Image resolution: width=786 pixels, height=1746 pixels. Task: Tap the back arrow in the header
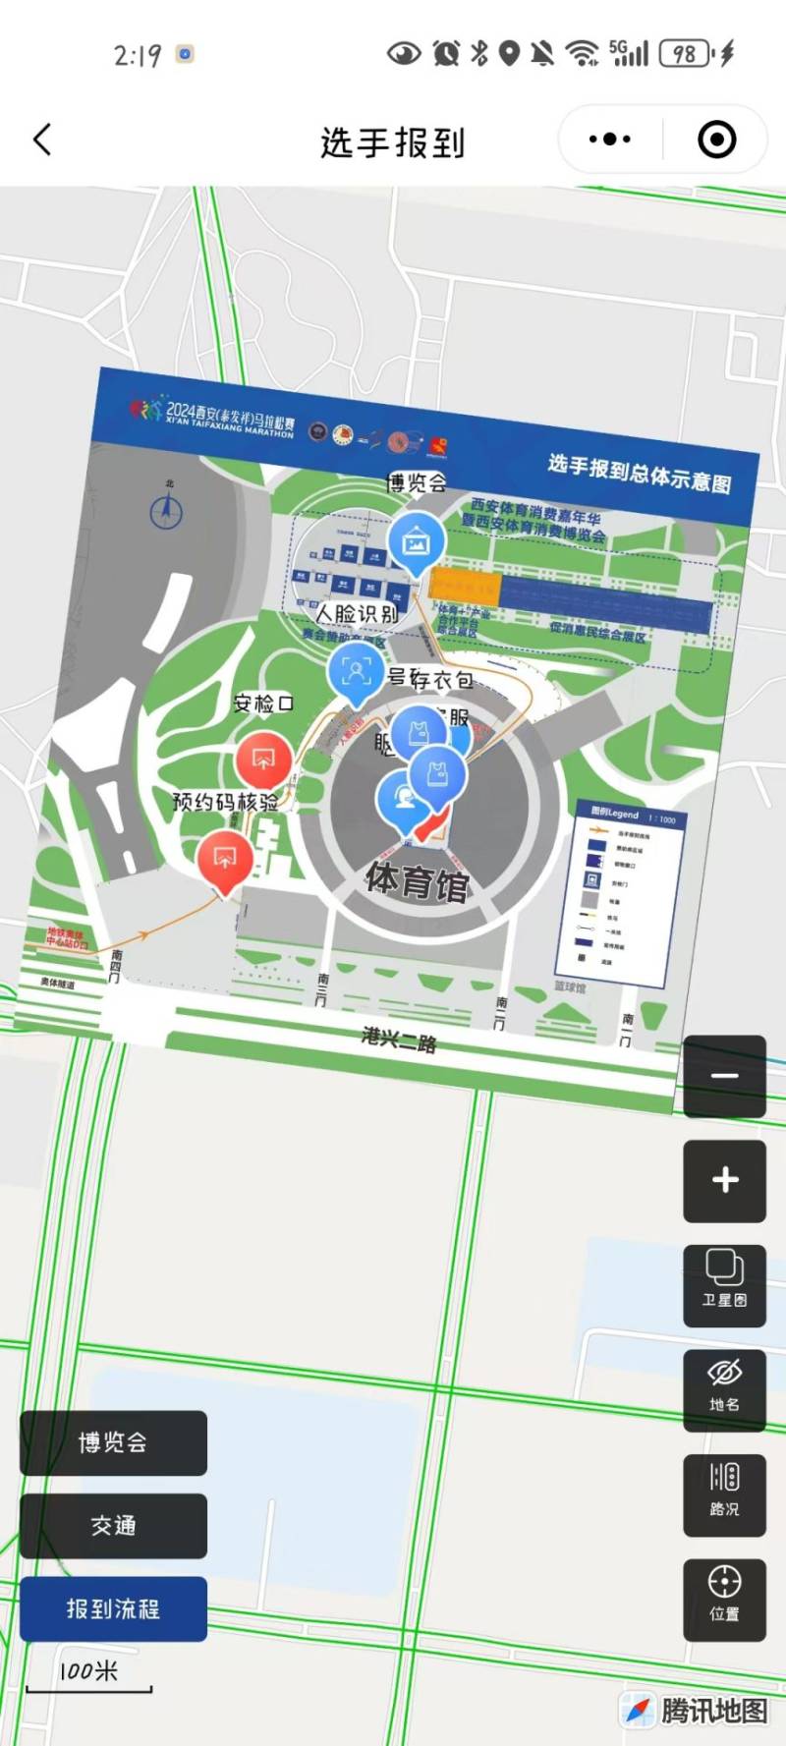tap(42, 140)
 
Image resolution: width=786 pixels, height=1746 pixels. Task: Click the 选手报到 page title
tap(392, 142)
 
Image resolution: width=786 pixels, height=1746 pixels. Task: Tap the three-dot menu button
tap(610, 140)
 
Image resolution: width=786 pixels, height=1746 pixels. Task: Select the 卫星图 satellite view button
tap(724, 1283)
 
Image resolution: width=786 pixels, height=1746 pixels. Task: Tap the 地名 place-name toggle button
tap(724, 1388)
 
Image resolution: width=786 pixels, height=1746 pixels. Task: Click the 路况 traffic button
tap(724, 1493)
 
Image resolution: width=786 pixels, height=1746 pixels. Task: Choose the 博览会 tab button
tap(113, 1442)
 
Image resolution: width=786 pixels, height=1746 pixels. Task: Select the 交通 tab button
tap(113, 1526)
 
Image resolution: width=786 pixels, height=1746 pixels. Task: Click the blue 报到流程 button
tap(113, 1608)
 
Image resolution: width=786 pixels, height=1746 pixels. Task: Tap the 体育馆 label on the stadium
tap(418, 880)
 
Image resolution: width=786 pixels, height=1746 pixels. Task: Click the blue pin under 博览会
tap(417, 541)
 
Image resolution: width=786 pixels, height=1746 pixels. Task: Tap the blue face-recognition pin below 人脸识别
tap(355, 672)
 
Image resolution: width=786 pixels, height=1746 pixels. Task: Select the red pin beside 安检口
tap(262, 760)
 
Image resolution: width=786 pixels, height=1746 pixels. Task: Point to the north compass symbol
tap(166, 510)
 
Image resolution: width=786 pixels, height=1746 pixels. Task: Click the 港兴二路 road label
tap(399, 1039)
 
